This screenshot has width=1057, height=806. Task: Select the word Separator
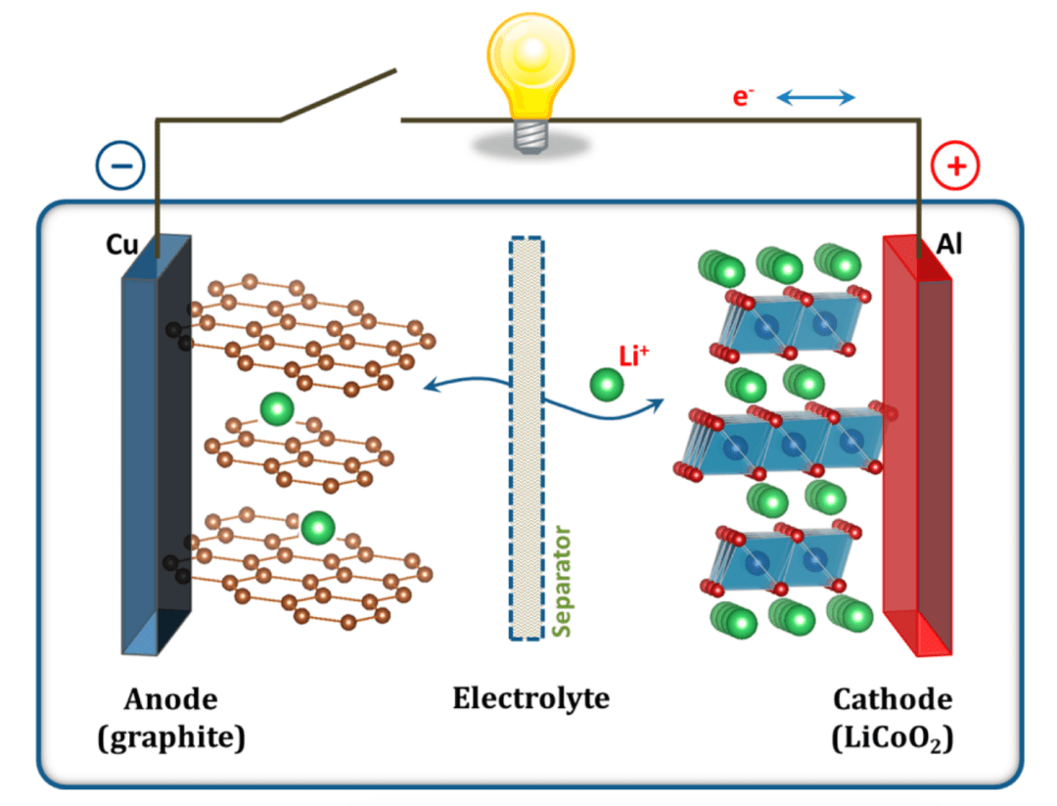point(562,582)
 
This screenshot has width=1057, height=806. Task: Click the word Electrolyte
point(530,698)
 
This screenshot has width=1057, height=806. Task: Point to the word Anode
point(170,699)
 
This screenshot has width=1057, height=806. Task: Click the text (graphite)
point(170,736)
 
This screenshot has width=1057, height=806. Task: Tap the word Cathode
point(892,699)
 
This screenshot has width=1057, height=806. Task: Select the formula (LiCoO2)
point(892,737)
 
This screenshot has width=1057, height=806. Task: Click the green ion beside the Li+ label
point(606,384)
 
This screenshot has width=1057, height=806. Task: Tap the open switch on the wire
point(338,96)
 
